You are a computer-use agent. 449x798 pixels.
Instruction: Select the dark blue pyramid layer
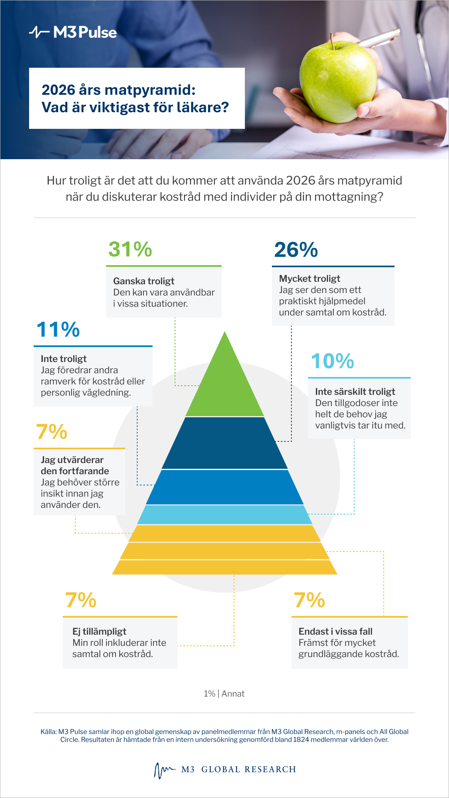[x=224, y=443]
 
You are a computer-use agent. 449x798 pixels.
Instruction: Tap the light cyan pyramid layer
[x=224, y=515]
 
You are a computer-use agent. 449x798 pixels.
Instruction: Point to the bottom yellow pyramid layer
[x=224, y=567]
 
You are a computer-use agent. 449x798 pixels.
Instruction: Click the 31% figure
[x=130, y=249]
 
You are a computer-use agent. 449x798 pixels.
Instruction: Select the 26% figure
[x=296, y=250]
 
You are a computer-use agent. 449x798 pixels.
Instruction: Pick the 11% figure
[x=58, y=330]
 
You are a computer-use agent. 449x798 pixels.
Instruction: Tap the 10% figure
[x=333, y=361]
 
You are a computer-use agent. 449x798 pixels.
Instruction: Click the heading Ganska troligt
[x=144, y=281]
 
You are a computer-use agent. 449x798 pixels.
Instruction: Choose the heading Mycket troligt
[x=310, y=278]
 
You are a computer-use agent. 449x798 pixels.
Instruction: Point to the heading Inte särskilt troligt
[x=355, y=392]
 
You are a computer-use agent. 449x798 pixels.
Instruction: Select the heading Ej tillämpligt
[x=99, y=631]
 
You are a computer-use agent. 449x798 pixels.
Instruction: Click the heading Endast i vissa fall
[x=336, y=631]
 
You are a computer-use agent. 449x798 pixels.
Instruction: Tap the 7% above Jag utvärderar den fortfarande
[x=52, y=432]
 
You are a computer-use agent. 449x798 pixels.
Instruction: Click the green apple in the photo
[x=338, y=81]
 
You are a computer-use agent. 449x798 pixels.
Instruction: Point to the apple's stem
[x=332, y=42]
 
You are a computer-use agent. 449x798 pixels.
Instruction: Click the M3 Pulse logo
[x=73, y=32]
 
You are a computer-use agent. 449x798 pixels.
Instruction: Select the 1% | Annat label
[x=224, y=694]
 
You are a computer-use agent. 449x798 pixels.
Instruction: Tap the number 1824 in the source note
[x=301, y=739]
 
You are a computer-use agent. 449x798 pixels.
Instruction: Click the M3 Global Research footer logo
[x=224, y=770]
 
